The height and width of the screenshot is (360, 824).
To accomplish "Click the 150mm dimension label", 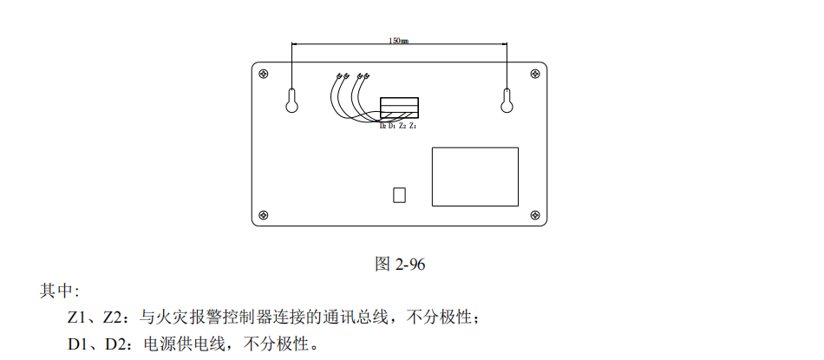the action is point(399,41).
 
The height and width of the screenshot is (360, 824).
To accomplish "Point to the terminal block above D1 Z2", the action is point(399,108).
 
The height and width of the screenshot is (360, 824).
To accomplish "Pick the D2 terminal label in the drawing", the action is point(383,127).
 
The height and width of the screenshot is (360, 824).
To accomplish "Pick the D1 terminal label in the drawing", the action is point(392,127).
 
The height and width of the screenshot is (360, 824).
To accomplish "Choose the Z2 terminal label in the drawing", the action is point(402,127).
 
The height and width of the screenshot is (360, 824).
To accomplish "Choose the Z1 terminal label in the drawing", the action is point(413,127).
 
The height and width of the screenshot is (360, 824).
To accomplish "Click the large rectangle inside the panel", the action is point(474,176).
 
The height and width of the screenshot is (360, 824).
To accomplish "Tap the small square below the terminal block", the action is point(399,194).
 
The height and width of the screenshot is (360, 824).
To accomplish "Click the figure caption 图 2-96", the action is point(400,265).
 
